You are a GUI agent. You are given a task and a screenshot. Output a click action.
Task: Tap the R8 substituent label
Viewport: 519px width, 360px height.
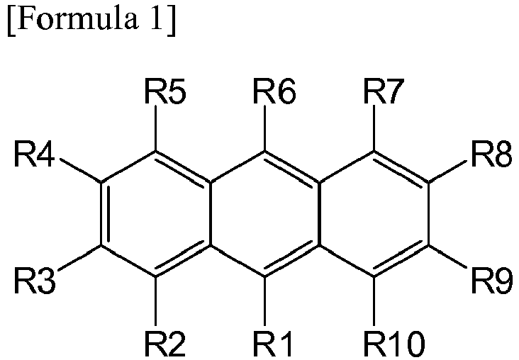click(491, 154)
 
